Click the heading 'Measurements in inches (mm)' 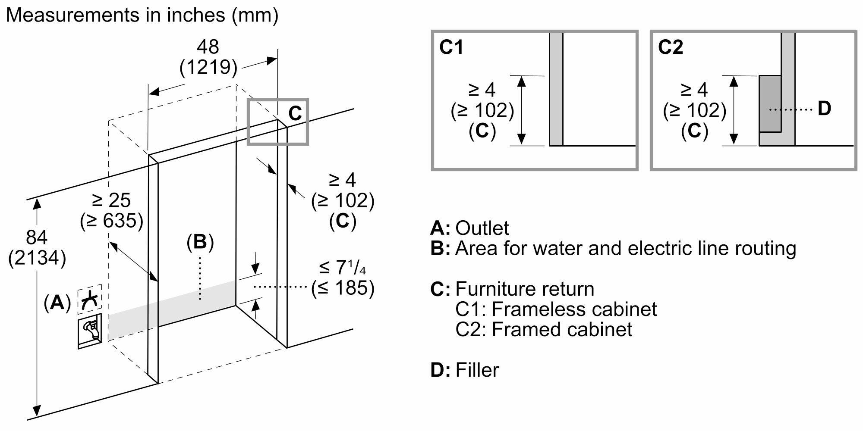coord(142,16)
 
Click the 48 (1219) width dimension coord(208,57)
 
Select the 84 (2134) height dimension coord(37,248)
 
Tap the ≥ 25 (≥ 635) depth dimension coord(111,210)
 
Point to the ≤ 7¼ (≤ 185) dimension coord(343,278)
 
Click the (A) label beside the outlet coord(57,303)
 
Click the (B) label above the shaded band coord(200,242)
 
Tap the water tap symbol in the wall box coord(90,331)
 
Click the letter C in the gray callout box coord(295,114)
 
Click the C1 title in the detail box coord(451,47)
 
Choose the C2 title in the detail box coord(671,47)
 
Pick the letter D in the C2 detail coord(824,109)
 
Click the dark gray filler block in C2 coord(770,103)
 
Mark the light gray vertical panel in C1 coord(556,88)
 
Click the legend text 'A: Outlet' coord(469,228)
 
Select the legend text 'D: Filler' coord(465,370)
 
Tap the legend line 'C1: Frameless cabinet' coord(556,309)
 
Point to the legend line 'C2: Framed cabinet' coord(544,329)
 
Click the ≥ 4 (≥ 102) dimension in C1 coord(482,110)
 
